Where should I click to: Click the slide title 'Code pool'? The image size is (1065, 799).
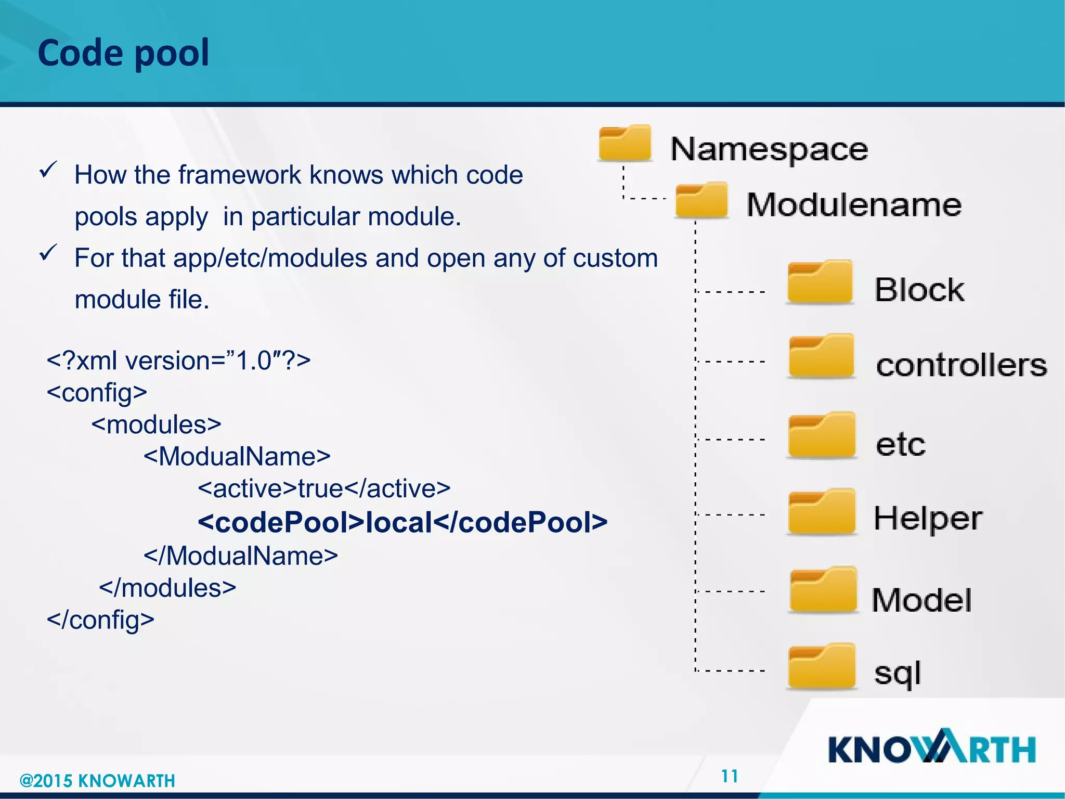point(123,53)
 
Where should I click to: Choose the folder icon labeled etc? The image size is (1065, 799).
point(822,435)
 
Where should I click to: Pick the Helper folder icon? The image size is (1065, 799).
point(822,512)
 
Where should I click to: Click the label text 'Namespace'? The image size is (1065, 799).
point(769,150)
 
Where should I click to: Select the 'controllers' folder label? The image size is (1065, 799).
point(961,365)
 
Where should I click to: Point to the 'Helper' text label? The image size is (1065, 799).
point(928,519)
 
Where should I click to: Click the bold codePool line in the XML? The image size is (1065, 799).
point(402,522)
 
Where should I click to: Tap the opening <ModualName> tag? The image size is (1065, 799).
point(237,456)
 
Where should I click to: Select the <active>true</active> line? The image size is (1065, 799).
point(324,488)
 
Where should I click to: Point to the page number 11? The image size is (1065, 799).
point(730,776)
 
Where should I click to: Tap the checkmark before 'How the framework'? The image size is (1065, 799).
point(48,170)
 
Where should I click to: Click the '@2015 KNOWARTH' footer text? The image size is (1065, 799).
point(97,781)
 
